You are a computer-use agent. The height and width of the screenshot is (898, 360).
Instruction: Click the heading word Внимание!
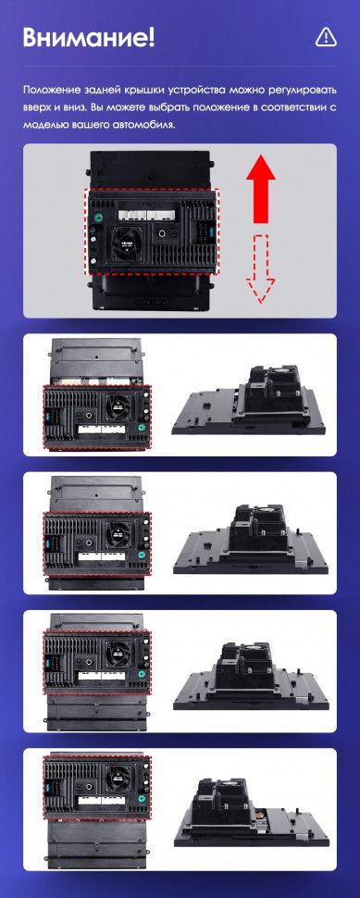[x=88, y=38]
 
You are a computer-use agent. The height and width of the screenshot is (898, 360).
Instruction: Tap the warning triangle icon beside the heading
[x=325, y=37]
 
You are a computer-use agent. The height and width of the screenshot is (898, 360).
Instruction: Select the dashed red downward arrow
[x=263, y=268]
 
